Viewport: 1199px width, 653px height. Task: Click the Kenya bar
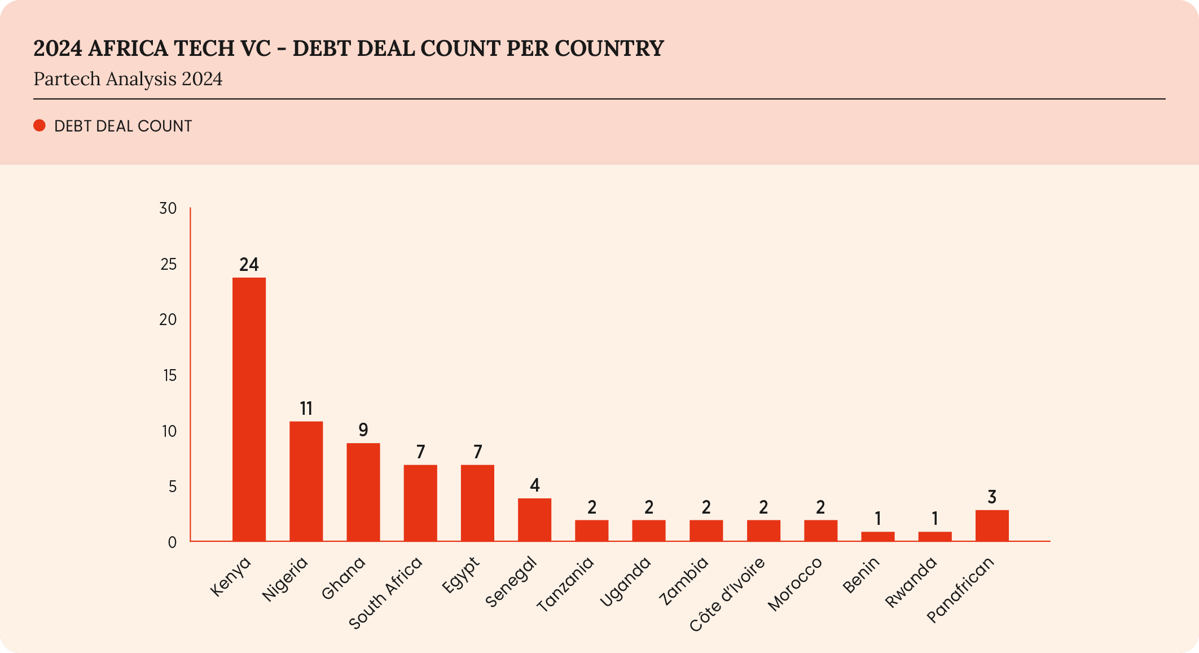coord(249,409)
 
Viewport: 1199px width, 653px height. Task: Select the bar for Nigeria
coord(306,481)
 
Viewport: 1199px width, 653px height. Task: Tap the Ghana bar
coord(363,492)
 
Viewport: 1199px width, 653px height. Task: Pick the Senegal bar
coord(534,520)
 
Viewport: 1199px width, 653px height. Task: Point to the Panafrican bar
coord(992,525)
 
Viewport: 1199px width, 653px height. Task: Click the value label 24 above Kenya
coord(249,265)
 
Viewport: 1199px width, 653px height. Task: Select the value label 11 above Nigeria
coord(306,409)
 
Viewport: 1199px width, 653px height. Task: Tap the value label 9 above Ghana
coord(363,431)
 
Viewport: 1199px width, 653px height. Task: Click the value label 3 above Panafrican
coord(992,497)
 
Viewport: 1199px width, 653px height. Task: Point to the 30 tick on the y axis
coord(168,209)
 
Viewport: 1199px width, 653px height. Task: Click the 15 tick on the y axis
coord(169,375)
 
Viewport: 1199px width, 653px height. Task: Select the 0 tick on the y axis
coord(172,542)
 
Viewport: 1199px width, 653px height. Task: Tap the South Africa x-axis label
coord(386,593)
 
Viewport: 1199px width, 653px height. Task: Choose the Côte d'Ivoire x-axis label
coord(727,594)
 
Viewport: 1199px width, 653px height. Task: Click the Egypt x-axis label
coord(461,575)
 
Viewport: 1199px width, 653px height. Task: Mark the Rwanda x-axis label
coord(911,582)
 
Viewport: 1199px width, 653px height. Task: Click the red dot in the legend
coord(39,126)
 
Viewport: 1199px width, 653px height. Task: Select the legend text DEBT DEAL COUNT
coord(123,126)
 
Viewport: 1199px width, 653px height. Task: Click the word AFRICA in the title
coord(128,49)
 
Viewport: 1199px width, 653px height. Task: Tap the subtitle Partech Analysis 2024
coord(128,79)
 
